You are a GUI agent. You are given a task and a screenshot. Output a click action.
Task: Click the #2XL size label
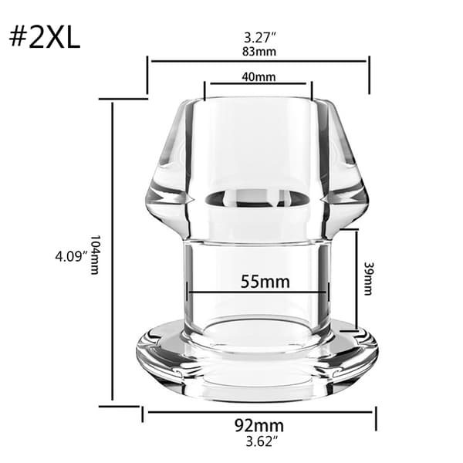pos(45,39)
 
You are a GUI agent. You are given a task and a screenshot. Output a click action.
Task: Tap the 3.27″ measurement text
pos(260,38)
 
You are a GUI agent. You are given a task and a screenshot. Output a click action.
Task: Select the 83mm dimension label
pos(259,52)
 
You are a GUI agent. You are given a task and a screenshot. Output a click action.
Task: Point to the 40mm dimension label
pos(259,76)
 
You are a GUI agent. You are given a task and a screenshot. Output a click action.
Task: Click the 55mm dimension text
pos(265,282)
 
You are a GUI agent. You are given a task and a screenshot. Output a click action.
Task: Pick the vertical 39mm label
pos(367,279)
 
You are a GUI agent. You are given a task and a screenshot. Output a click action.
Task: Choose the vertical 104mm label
pos(94,255)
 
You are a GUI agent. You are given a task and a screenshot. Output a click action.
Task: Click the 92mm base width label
pos(259,425)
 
